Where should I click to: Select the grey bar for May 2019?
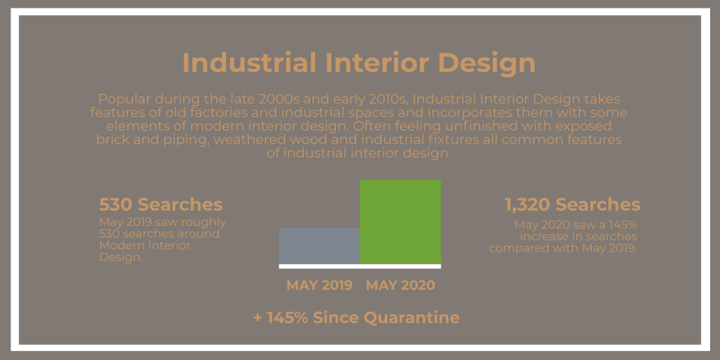coord(320,245)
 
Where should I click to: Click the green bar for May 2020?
coord(400,221)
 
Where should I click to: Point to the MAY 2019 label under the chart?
coord(319,285)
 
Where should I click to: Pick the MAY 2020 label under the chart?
coord(400,285)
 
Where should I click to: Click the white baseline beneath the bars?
coord(360,266)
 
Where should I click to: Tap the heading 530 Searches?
coord(161,205)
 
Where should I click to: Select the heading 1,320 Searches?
coord(572,205)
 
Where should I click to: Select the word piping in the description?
coord(187,140)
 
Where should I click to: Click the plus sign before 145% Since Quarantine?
coord(257,319)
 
